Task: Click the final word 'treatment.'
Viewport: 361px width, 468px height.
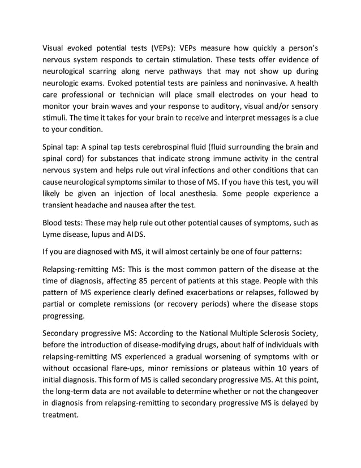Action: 63,414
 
